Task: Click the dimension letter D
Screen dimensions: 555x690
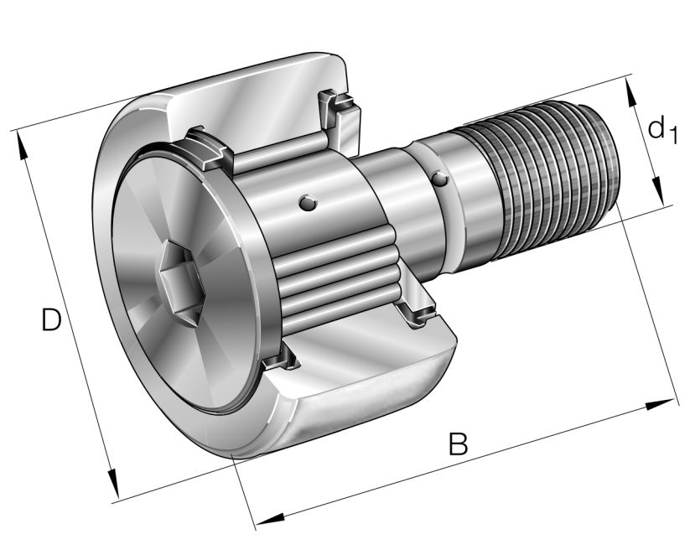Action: click(x=51, y=319)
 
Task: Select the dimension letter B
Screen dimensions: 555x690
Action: click(x=457, y=443)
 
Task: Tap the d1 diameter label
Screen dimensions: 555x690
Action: click(x=661, y=130)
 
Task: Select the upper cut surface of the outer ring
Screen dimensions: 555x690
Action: click(x=252, y=109)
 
